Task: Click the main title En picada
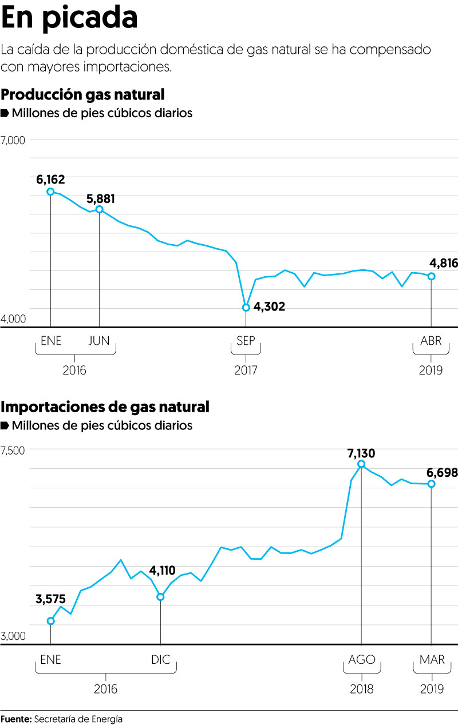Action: click(x=69, y=18)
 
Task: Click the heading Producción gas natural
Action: click(x=83, y=95)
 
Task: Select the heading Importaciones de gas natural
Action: click(x=105, y=407)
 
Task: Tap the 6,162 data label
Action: click(x=50, y=180)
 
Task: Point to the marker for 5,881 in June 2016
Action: click(x=100, y=209)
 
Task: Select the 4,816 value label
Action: click(x=443, y=264)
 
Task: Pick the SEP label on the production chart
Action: click(x=246, y=341)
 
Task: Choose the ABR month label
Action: click(x=431, y=341)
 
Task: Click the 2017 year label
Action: click(x=246, y=370)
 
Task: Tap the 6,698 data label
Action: click(x=442, y=473)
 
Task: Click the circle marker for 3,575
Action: click(x=50, y=621)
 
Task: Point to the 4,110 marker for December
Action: click(x=161, y=597)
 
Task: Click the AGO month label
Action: click(x=362, y=660)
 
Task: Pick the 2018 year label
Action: click(x=362, y=688)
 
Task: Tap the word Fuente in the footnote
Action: click(x=16, y=719)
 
